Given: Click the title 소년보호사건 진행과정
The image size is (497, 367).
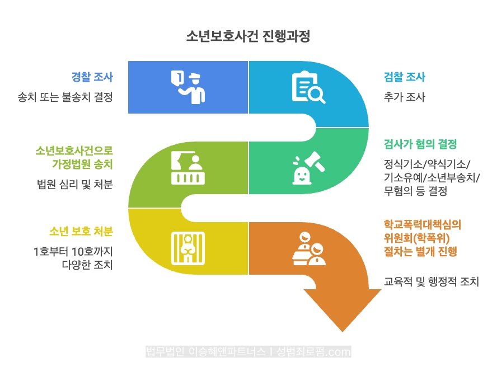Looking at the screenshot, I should tap(248, 36).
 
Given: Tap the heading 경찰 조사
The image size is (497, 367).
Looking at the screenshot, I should tap(92, 77).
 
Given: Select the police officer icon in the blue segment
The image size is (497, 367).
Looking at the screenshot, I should tap(189, 87).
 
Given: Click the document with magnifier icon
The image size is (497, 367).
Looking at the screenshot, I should tap(308, 87).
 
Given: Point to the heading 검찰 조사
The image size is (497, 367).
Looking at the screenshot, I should tap(404, 77).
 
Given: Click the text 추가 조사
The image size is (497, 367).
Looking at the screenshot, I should tap(404, 97).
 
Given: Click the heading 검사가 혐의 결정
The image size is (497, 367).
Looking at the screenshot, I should tap(420, 144).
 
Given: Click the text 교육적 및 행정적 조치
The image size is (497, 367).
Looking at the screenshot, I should tap(432, 281).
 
